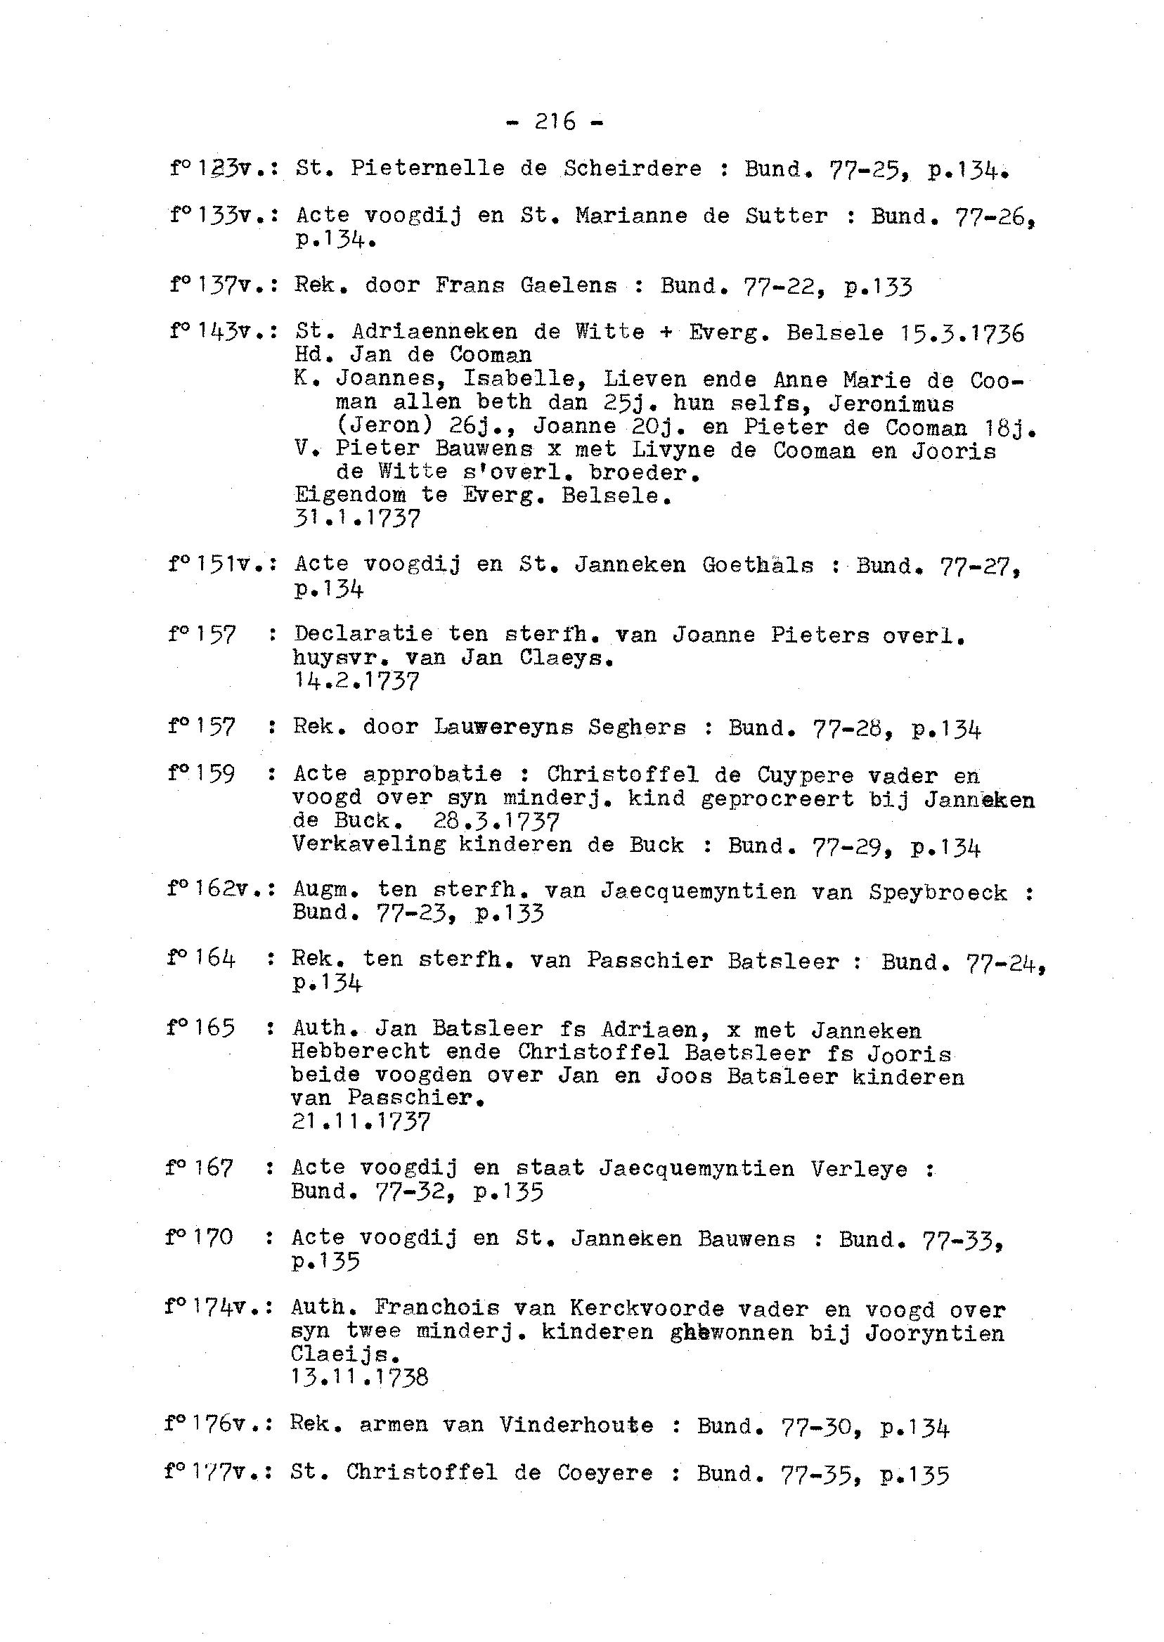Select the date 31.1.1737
(357, 518)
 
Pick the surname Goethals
(758, 567)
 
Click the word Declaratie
(363, 634)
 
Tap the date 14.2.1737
(356, 680)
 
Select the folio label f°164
(201, 959)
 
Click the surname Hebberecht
(361, 1052)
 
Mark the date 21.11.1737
(361, 1121)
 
